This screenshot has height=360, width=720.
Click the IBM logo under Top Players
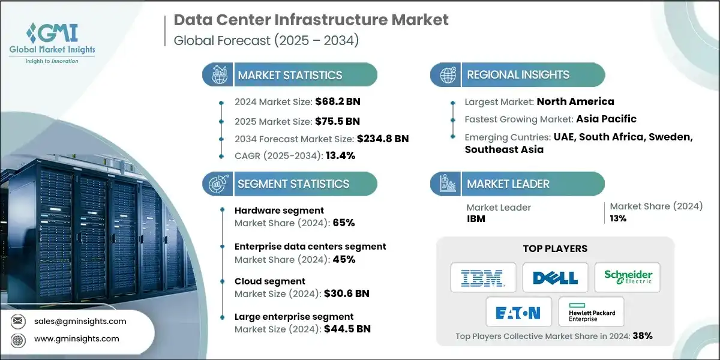click(483, 277)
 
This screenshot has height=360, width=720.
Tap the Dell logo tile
click(555, 277)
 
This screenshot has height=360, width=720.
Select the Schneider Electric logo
click(628, 277)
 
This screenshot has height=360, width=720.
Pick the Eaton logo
click(518, 313)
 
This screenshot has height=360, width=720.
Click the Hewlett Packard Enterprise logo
click(591, 313)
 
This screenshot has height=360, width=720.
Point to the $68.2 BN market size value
click(338, 101)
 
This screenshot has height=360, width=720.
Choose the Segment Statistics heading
click(293, 184)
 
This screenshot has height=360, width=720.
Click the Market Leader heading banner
click(508, 184)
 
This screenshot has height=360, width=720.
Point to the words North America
click(575, 101)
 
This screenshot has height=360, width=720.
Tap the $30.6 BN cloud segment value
click(346, 293)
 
